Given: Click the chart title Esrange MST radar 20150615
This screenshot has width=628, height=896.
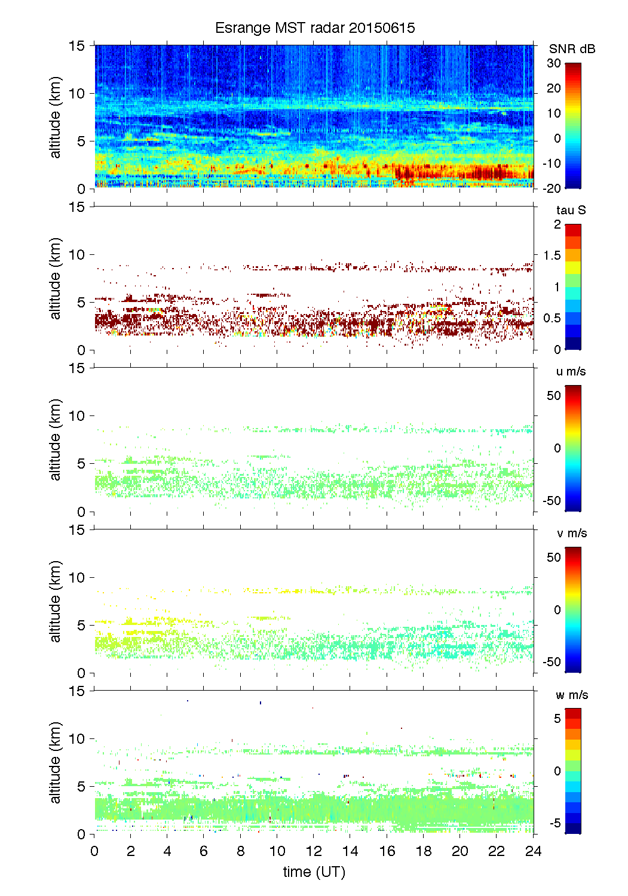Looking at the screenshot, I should [x=315, y=28].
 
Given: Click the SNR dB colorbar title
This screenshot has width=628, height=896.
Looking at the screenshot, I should [x=572, y=50].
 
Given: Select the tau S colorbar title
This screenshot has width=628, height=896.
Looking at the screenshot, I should [x=571, y=210].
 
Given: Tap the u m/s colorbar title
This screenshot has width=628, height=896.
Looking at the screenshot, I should [x=571, y=371].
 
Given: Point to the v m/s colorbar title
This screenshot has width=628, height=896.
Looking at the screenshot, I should [x=571, y=533].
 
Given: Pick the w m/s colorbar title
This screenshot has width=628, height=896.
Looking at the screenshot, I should [x=572, y=695].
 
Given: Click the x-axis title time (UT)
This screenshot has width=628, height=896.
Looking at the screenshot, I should [x=314, y=872].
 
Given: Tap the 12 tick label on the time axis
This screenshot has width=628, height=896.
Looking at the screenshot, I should [x=314, y=851].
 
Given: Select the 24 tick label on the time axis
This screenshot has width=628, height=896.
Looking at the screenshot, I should [x=533, y=851].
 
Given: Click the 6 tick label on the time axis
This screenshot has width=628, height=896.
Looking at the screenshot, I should [x=204, y=851].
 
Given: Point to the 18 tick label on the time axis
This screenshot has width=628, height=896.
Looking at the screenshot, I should [x=424, y=851].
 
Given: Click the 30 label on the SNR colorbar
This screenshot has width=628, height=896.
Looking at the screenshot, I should [x=554, y=63].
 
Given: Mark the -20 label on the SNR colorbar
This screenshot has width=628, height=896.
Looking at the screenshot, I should [x=552, y=189].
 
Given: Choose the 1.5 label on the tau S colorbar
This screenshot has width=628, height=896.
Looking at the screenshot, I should [x=552, y=255].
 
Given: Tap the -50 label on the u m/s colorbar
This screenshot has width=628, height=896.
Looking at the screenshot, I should [x=552, y=501].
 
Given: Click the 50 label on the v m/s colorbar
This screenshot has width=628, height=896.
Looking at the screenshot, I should [x=554, y=558].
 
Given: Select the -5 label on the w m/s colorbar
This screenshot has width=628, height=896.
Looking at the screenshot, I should [x=555, y=823].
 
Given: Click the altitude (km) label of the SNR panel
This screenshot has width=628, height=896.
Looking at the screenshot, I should [x=56, y=117].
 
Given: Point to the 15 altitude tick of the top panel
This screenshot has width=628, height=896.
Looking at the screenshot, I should [x=78, y=45].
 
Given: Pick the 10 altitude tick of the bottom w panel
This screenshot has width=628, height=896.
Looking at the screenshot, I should [x=78, y=738].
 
